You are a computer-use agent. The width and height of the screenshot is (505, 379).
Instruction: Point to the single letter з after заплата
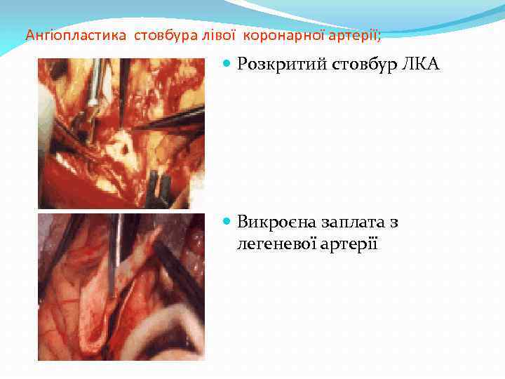tap(393, 222)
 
